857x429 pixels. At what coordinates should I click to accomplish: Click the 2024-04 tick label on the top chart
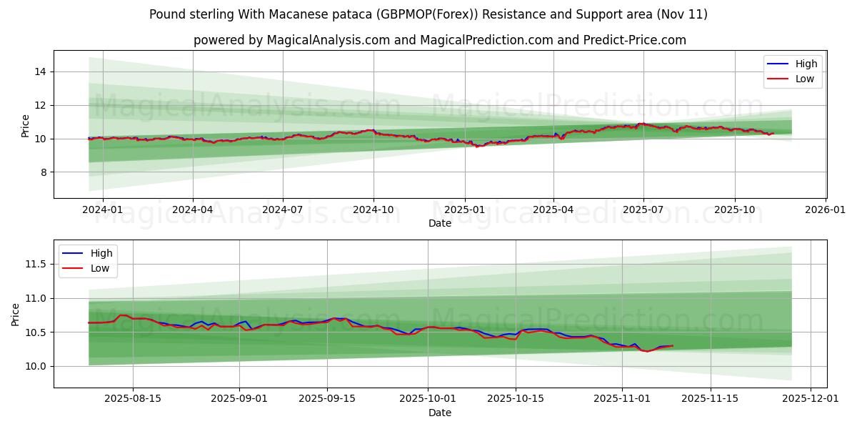[193, 209]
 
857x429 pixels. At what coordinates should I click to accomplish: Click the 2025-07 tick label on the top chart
[643, 209]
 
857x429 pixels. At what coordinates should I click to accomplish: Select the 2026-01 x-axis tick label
[826, 209]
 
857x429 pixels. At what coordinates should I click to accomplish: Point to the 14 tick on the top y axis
[40, 71]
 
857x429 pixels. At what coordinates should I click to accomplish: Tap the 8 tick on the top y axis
[43, 172]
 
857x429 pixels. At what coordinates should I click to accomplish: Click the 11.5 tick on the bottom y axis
[35, 265]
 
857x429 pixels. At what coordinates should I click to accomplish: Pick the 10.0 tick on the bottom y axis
[35, 366]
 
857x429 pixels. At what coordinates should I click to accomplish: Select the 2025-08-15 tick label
[133, 399]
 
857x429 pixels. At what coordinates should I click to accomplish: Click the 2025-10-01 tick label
[428, 399]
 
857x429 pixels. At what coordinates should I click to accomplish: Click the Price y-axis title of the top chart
[26, 125]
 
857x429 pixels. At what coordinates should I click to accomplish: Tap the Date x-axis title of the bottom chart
[440, 413]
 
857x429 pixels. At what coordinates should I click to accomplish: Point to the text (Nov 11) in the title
[683, 14]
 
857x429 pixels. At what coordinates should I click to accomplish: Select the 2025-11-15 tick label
[710, 399]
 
